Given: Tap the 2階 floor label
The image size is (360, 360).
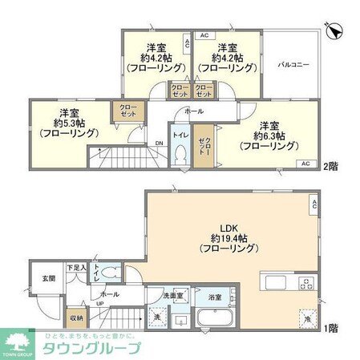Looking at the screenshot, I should coord(331,166).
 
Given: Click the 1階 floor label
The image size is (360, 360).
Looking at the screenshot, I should coord(331,329).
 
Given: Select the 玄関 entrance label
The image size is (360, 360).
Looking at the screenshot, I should coord(38,278).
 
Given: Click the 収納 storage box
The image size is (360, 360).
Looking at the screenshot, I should coord(75,317).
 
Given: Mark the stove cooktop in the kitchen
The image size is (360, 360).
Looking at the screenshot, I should coord(307,284).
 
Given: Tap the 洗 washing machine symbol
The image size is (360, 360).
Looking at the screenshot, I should coord(154,317).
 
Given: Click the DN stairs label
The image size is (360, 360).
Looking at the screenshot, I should coord(159,144).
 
